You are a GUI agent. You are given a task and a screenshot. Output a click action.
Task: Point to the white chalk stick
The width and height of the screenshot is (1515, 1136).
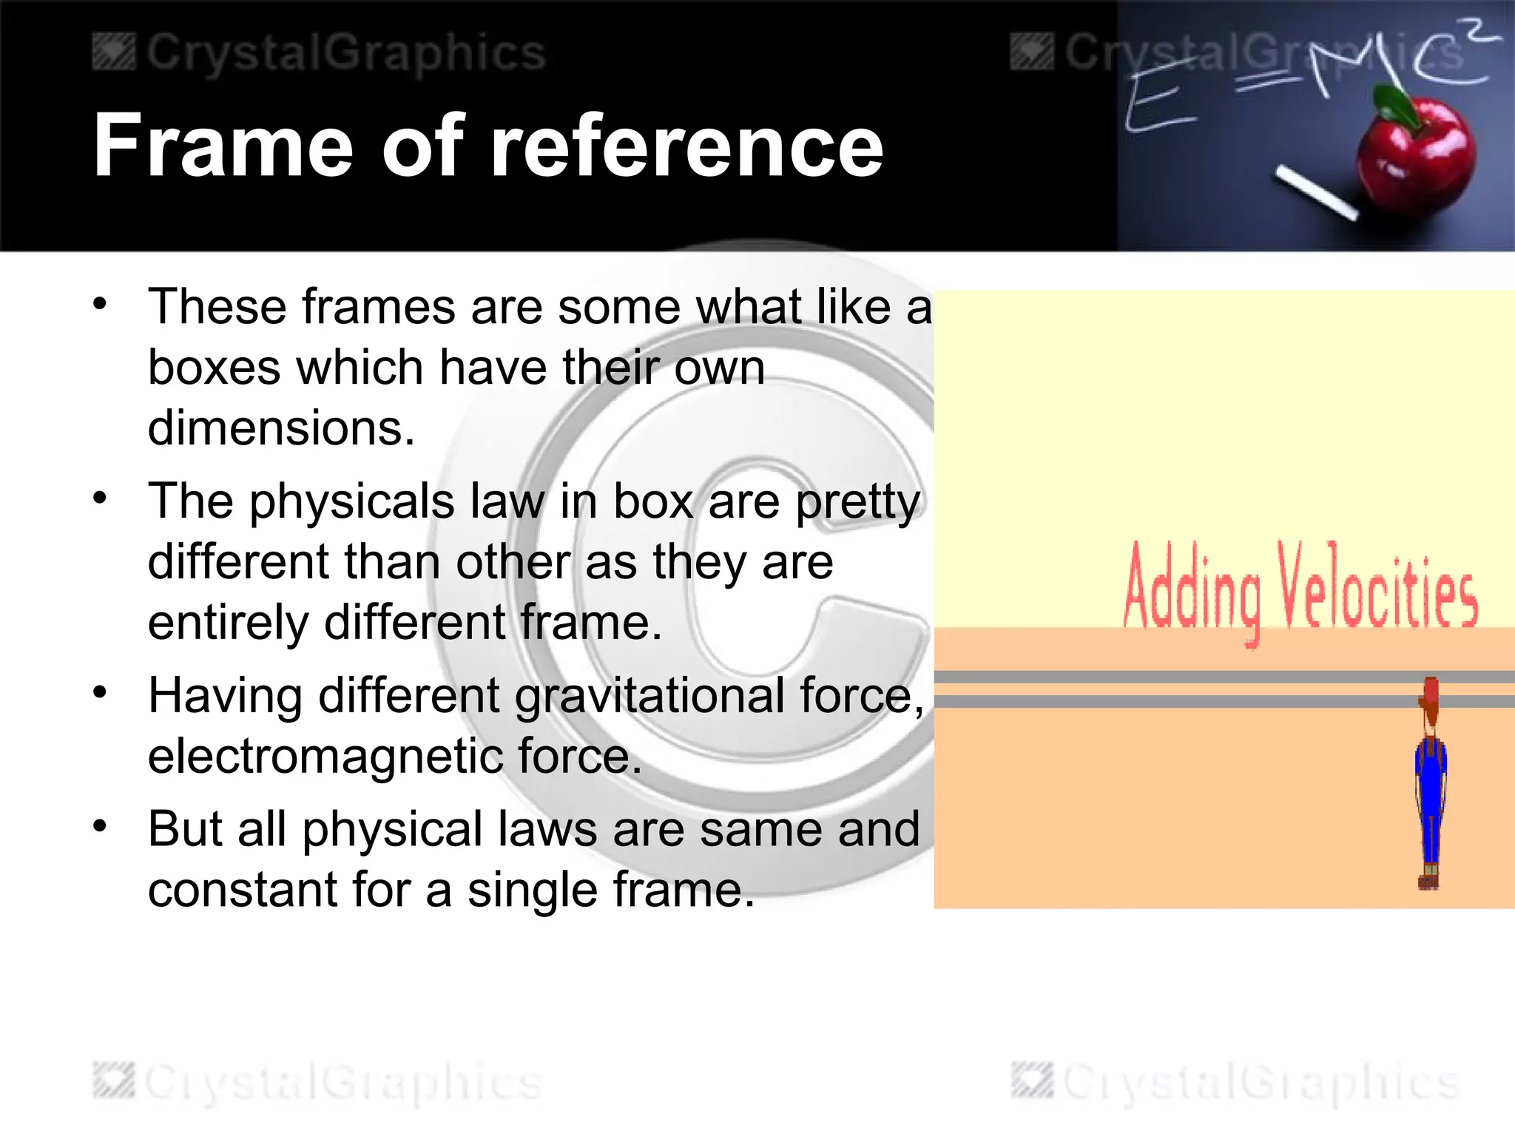[x=1316, y=194]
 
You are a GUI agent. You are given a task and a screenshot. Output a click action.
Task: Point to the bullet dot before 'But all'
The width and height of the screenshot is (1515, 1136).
[x=100, y=825]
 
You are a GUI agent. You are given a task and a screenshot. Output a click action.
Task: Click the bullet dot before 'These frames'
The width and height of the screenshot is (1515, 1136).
[x=100, y=303]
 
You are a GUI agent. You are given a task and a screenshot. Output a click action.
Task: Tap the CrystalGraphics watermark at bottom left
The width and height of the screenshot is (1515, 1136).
[x=318, y=1083]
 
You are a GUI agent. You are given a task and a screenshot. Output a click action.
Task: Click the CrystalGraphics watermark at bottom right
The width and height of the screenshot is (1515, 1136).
[x=1235, y=1083]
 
